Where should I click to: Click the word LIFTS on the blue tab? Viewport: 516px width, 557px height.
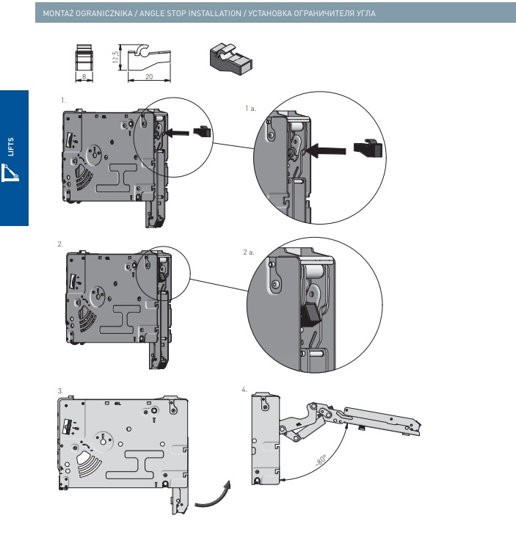tap(11, 147)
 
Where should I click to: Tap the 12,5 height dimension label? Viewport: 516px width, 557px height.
tap(116, 57)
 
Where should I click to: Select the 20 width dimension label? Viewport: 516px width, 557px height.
tap(149, 77)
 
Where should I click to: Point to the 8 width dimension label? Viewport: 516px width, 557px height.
tap(84, 77)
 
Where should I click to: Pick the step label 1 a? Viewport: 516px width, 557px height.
tap(250, 109)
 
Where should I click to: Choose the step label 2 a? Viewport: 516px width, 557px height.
tap(249, 252)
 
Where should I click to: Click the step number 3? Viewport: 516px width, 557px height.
tap(60, 390)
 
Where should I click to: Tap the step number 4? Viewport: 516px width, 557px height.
tap(244, 390)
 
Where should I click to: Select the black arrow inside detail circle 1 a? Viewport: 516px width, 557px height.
tap(326, 151)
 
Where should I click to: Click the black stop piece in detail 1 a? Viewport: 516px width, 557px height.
tap(368, 148)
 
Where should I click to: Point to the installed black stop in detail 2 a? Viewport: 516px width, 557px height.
tap(310, 314)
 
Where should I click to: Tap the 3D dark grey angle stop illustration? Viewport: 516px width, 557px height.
tap(231, 59)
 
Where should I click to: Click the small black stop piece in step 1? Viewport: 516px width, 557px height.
tap(202, 132)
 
